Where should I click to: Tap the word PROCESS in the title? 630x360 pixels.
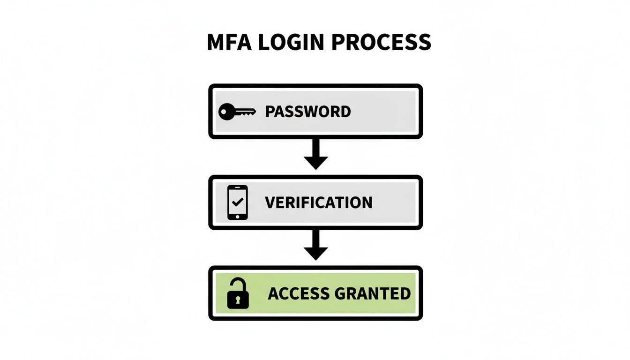click(x=381, y=43)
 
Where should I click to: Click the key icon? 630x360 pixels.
click(x=237, y=112)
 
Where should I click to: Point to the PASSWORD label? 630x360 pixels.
click(x=307, y=112)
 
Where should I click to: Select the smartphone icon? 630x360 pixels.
click(x=238, y=202)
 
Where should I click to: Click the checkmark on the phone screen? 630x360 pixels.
click(x=238, y=202)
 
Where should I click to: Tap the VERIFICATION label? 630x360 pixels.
click(x=318, y=202)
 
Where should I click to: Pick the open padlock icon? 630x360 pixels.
click(x=238, y=294)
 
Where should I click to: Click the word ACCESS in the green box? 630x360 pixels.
click(x=299, y=294)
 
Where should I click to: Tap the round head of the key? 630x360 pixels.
click(x=226, y=112)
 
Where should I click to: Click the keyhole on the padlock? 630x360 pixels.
click(x=238, y=300)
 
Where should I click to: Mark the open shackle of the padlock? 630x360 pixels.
click(x=236, y=285)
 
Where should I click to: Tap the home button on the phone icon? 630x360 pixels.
click(x=238, y=216)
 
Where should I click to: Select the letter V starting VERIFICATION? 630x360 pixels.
click(x=270, y=202)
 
